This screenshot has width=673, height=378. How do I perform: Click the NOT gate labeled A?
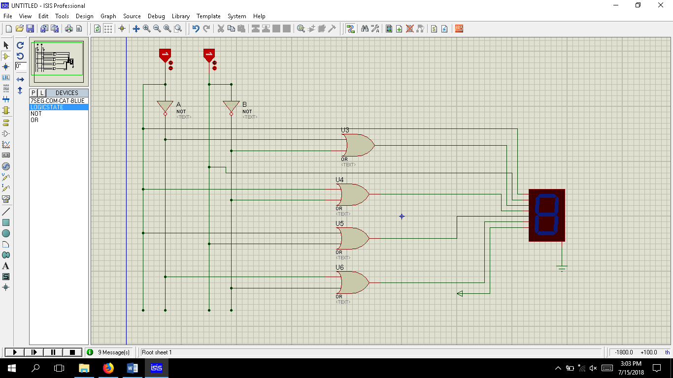[165, 107]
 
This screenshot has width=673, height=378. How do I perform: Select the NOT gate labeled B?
[231, 107]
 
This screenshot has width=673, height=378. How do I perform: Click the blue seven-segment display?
[546, 215]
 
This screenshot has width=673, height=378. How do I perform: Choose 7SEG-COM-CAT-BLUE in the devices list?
[57, 101]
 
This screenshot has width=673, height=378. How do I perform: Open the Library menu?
[180, 16]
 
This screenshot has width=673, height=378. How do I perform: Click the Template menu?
[208, 16]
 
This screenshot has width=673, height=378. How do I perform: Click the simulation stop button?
[72, 352]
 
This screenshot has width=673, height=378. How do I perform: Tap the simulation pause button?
[53, 352]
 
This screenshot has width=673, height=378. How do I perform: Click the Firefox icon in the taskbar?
[108, 368]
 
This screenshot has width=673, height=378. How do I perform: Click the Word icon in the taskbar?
[132, 368]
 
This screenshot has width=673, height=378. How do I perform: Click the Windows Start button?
[11, 368]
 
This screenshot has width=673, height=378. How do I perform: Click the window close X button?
[661, 5]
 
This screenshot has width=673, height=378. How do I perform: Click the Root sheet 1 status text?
[157, 352]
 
